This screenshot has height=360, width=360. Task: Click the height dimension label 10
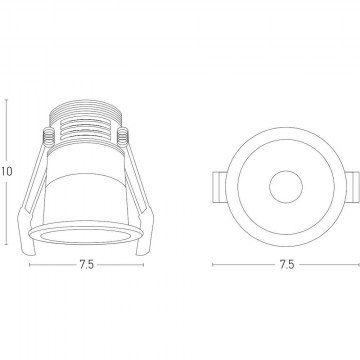pyautogui.click(x=6, y=171)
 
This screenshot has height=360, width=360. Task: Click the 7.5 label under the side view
pyautogui.click(x=87, y=265)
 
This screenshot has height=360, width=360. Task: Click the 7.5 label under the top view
pyautogui.click(x=287, y=265)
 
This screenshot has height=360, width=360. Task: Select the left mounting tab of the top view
pyautogui.click(x=219, y=187)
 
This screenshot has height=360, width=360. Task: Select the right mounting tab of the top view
pyautogui.click(x=353, y=187)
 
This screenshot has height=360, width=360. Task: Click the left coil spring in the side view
pyautogui.click(x=48, y=137)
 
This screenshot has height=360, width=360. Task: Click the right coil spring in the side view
pyautogui.click(x=123, y=137)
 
